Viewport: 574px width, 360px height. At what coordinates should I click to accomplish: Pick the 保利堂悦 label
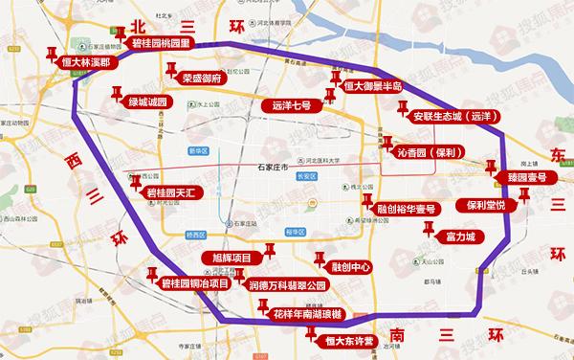click(x=493, y=204)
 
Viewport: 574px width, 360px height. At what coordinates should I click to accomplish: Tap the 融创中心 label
click(x=350, y=267)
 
